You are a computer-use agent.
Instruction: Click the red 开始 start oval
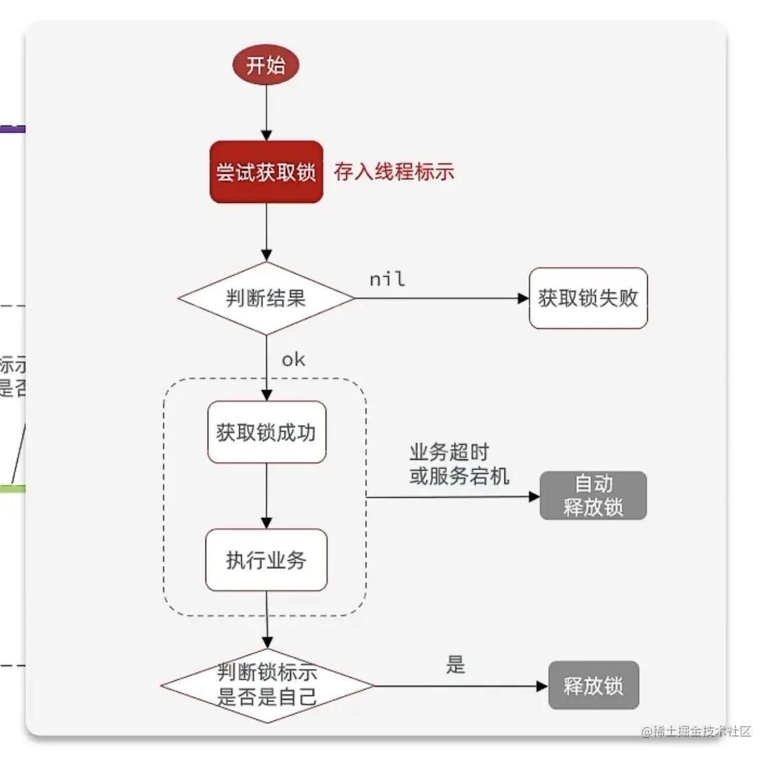click(266, 65)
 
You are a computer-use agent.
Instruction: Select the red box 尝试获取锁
click(266, 172)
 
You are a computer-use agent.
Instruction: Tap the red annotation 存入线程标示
click(394, 172)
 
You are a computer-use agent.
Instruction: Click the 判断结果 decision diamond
click(266, 299)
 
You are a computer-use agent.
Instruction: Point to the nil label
click(388, 279)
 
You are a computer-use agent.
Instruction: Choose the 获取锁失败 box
click(588, 298)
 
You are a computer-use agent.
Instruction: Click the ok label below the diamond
click(293, 360)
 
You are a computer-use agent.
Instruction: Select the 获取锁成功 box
click(267, 432)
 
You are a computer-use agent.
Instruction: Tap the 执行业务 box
click(267, 560)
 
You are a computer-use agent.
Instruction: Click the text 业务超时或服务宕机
click(459, 464)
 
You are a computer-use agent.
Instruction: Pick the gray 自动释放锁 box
click(593, 495)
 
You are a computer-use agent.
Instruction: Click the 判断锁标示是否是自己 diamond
click(267, 685)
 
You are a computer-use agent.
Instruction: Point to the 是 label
click(456, 665)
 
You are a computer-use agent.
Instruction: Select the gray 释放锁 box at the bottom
click(594, 686)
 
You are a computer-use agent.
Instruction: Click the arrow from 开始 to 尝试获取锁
click(267, 113)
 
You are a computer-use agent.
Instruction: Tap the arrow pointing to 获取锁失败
click(440, 299)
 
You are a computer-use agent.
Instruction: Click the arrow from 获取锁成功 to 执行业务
click(267, 495)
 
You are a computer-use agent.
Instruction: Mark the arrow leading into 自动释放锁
click(454, 497)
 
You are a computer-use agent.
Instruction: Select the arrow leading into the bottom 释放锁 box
click(460, 686)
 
